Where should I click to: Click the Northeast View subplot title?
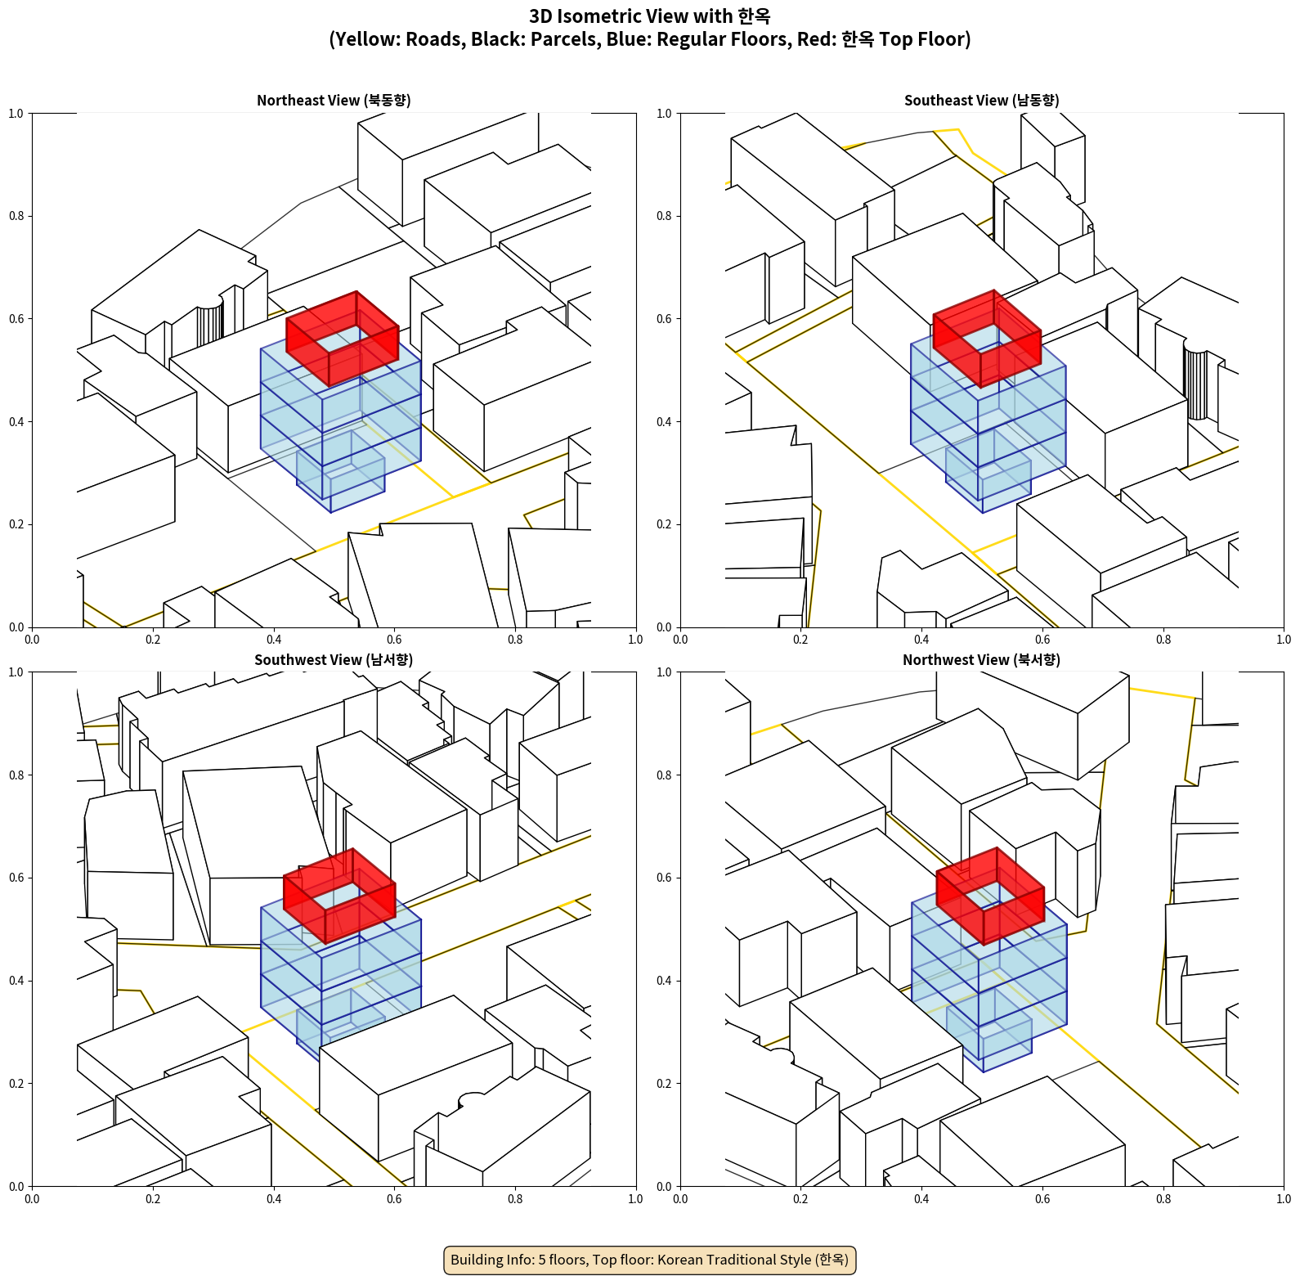(x=334, y=101)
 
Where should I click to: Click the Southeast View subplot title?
(x=982, y=101)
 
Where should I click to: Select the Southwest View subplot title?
(x=334, y=660)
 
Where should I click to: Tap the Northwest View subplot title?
(x=982, y=660)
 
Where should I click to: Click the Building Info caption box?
(x=650, y=1260)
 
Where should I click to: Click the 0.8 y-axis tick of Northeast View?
(x=16, y=216)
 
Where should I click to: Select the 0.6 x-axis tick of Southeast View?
(x=1042, y=640)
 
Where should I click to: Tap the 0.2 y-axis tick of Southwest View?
(x=16, y=1083)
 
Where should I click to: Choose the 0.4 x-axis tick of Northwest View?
(x=921, y=1199)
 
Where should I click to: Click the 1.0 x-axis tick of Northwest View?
(x=1284, y=1199)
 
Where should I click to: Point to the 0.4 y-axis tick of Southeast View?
(x=664, y=421)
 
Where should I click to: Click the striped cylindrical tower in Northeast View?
(x=209, y=321)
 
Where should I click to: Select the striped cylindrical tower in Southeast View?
(x=1195, y=384)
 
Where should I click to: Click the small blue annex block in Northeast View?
(x=340, y=472)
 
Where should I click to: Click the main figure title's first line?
(x=650, y=16)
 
